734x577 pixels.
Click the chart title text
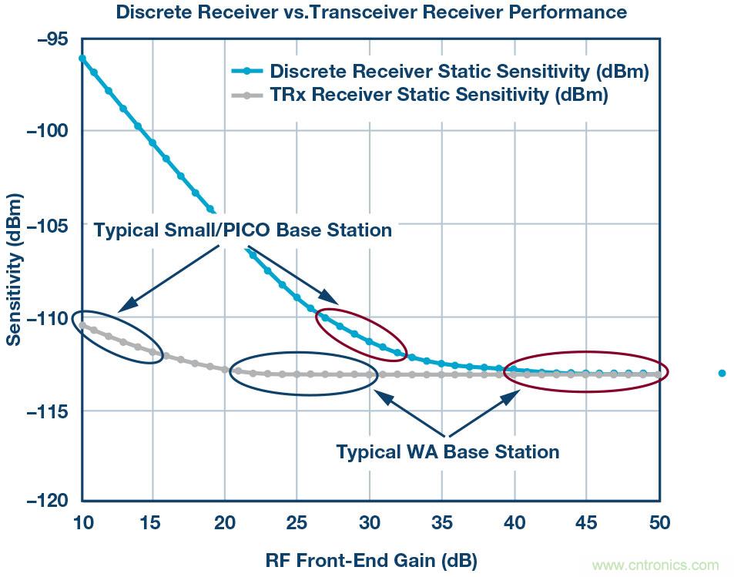370,12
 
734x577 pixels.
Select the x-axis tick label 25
297,523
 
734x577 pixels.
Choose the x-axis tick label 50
660,523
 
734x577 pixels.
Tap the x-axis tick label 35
442,523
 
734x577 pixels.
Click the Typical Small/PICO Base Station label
243,230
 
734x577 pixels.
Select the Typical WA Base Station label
447,451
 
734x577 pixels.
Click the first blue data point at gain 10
82,58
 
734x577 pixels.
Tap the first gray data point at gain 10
82,324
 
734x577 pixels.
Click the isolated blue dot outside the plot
722,373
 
